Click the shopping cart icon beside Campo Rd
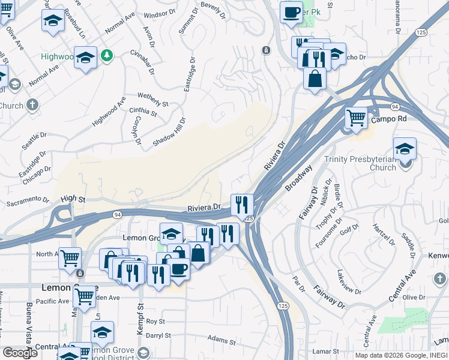point(356,118)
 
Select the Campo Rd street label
point(389,119)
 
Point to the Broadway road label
point(299,178)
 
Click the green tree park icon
point(107,56)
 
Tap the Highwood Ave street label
point(109,112)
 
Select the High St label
point(73,199)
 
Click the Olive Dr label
point(413,297)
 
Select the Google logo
point(20,353)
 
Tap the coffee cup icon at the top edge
point(291,12)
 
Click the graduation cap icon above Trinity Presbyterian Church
point(405,149)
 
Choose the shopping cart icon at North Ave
point(70,259)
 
